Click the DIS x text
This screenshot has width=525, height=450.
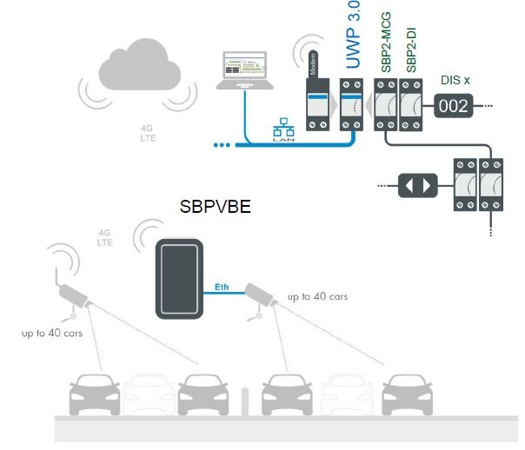[x=453, y=79]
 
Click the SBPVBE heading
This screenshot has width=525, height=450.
[x=215, y=209]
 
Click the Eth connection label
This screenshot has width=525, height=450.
[x=223, y=286]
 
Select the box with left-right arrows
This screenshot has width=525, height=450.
[x=415, y=185]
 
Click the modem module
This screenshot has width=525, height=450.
[x=315, y=103]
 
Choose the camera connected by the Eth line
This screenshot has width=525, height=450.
[x=260, y=296]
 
